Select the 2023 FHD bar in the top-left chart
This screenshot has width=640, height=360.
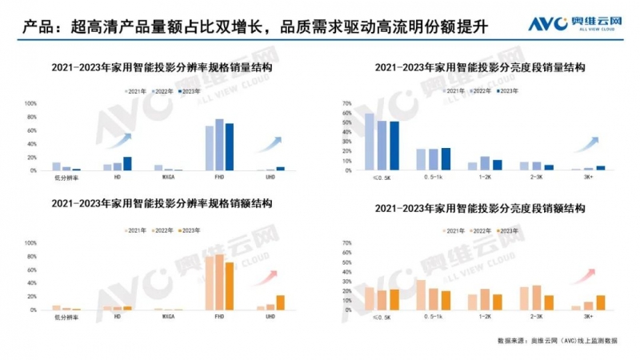click(230, 147)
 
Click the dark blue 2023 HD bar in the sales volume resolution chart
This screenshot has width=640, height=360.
click(127, 164)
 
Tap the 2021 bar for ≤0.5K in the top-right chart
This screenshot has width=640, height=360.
click(369, 142)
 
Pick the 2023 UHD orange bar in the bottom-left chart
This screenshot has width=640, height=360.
click(280, 302)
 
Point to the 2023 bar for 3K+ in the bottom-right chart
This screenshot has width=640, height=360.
click(600, 302)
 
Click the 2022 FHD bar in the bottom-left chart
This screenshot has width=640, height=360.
click(220, 282)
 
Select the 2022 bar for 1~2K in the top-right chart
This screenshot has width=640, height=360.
click(485, 163)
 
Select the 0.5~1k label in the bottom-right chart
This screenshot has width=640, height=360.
click(433, 318)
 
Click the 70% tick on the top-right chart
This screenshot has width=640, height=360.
click(346, 104)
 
